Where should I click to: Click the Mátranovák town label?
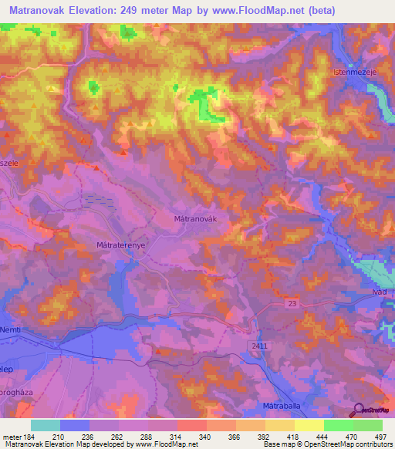[198, 219]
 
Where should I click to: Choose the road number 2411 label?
[259, 346]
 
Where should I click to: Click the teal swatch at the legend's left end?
[46, 425]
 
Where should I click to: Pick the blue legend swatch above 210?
[75, 425]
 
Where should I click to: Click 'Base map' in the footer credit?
[279, 444]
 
